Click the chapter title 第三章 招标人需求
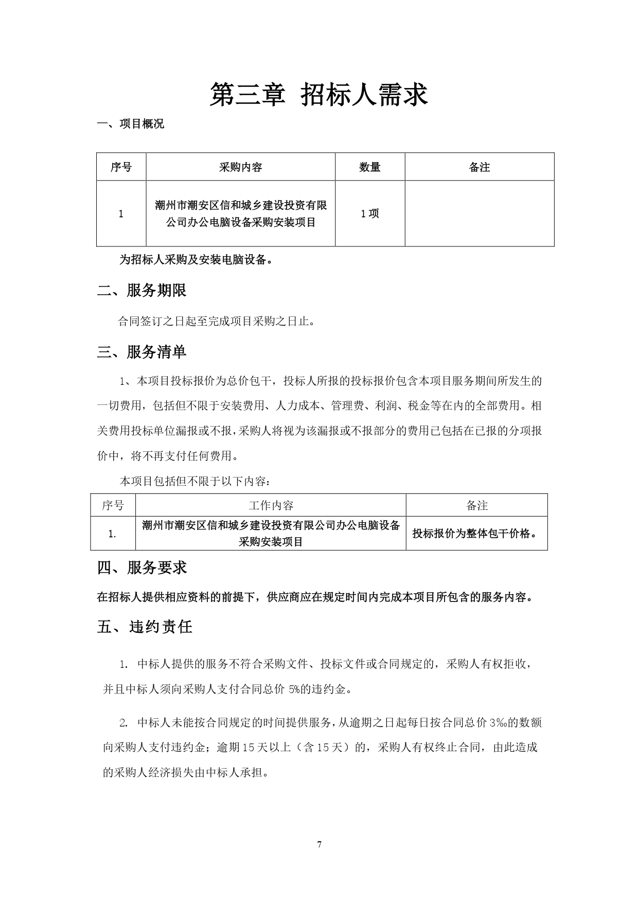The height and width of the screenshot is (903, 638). point(318,95)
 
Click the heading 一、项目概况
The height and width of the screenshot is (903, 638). point(131,124)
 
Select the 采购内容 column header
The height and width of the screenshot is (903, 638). point(240,167)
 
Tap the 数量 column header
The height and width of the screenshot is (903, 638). point(369,167)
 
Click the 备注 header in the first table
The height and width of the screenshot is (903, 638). point(479,167)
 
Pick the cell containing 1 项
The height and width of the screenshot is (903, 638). point(369,214)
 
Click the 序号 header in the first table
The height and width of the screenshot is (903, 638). point(121,167)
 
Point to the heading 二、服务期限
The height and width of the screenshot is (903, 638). point(141,291)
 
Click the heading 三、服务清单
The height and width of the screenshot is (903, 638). point(141,352)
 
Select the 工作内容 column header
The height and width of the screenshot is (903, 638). point(271,505)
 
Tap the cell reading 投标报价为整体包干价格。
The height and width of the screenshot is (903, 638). point(476,534)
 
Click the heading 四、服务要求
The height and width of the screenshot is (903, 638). point(142,568)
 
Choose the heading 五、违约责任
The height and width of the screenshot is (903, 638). point(145,627)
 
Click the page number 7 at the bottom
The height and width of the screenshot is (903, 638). point(320,844)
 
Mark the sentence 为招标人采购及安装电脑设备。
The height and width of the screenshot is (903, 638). point(196,260)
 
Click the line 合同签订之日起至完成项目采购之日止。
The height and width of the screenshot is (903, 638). point(216,322)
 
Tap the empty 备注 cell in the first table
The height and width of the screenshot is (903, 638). point(479,214)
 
